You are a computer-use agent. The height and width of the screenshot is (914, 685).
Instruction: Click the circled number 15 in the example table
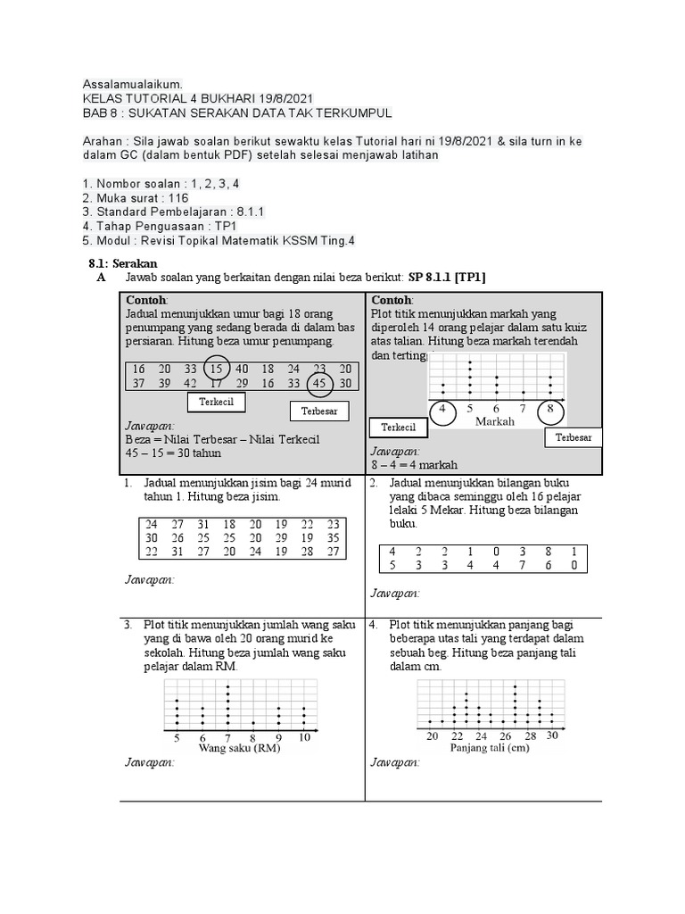click(215, 369)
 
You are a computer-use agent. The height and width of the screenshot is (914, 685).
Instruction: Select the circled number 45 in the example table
click(318, 384)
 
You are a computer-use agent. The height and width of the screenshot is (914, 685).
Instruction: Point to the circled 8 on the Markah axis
click(550, 410)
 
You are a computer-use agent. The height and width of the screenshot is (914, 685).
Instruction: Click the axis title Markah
click(497, 421)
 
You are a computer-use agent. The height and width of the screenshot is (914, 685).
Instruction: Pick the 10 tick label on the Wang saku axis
click(304, 738)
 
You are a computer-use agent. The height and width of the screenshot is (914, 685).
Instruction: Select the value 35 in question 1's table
click(334, 538)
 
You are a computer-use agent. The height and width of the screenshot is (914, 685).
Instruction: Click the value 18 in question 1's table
click(229, 524)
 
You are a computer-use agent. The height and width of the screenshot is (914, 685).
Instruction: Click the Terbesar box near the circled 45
click(319, 411)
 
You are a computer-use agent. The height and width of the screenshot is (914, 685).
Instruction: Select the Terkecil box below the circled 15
click(216, 403)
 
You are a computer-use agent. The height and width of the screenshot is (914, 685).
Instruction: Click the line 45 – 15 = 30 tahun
click(171, 453)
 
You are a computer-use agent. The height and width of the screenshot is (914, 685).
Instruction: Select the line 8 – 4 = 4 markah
click(414, 465)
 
